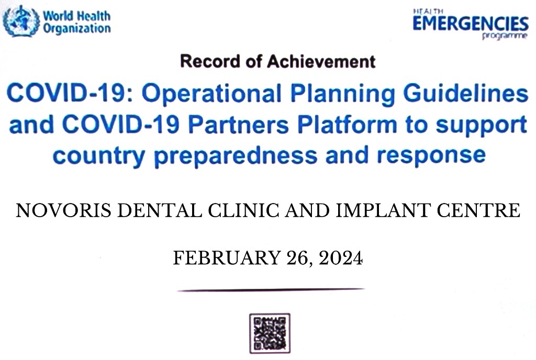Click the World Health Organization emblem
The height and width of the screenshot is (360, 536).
21,21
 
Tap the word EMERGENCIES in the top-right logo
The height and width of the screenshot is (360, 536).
471,24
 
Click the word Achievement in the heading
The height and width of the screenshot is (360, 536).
321,61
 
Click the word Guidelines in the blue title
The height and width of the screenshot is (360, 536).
466,93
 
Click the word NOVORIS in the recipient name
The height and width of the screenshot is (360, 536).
63,210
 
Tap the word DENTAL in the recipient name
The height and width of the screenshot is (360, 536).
160,210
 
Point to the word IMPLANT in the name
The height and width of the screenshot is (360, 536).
383,210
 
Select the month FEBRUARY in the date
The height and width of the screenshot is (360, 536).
227,257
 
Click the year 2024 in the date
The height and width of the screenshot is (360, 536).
341,257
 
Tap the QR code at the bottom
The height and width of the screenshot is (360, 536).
270,333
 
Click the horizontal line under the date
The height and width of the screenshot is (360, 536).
271,290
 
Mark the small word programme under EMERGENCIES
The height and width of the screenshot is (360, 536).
505,36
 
